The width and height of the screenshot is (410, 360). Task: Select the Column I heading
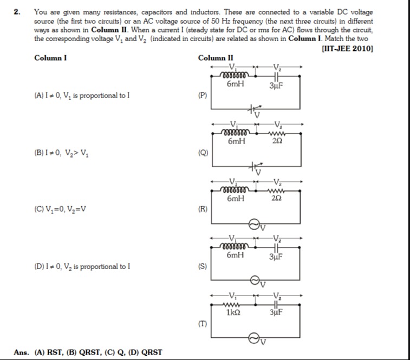[x=50, y=58]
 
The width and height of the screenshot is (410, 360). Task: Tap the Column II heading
[x=216, y=58]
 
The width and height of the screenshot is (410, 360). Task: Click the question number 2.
[x=18, y=11]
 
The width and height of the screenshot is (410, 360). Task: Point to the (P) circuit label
[x=203, y=95]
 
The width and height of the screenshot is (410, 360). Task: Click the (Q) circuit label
[x=203, y=153]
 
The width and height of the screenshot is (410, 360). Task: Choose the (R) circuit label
[x=203, y=209]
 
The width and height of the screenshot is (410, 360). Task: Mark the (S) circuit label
[x=203, y=266]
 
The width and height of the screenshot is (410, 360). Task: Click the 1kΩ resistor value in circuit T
[x=234, y=312]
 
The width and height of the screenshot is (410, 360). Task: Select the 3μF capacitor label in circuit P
[x=277, y=84]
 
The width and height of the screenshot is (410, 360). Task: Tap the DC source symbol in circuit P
[x=253, y=109]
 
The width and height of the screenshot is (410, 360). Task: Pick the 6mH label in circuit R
[x=236, y=199]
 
